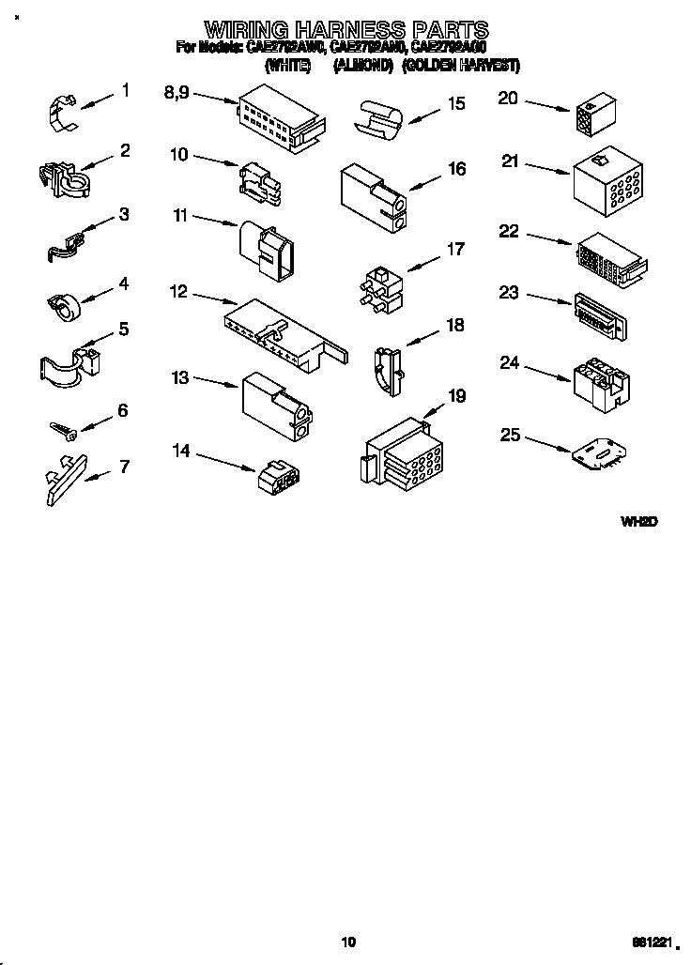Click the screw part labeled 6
click(63, 428)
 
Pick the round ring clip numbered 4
click(64, 303)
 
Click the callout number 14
click(180, 452)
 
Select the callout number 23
click(509, 293)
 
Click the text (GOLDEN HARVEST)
click(460, 66)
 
